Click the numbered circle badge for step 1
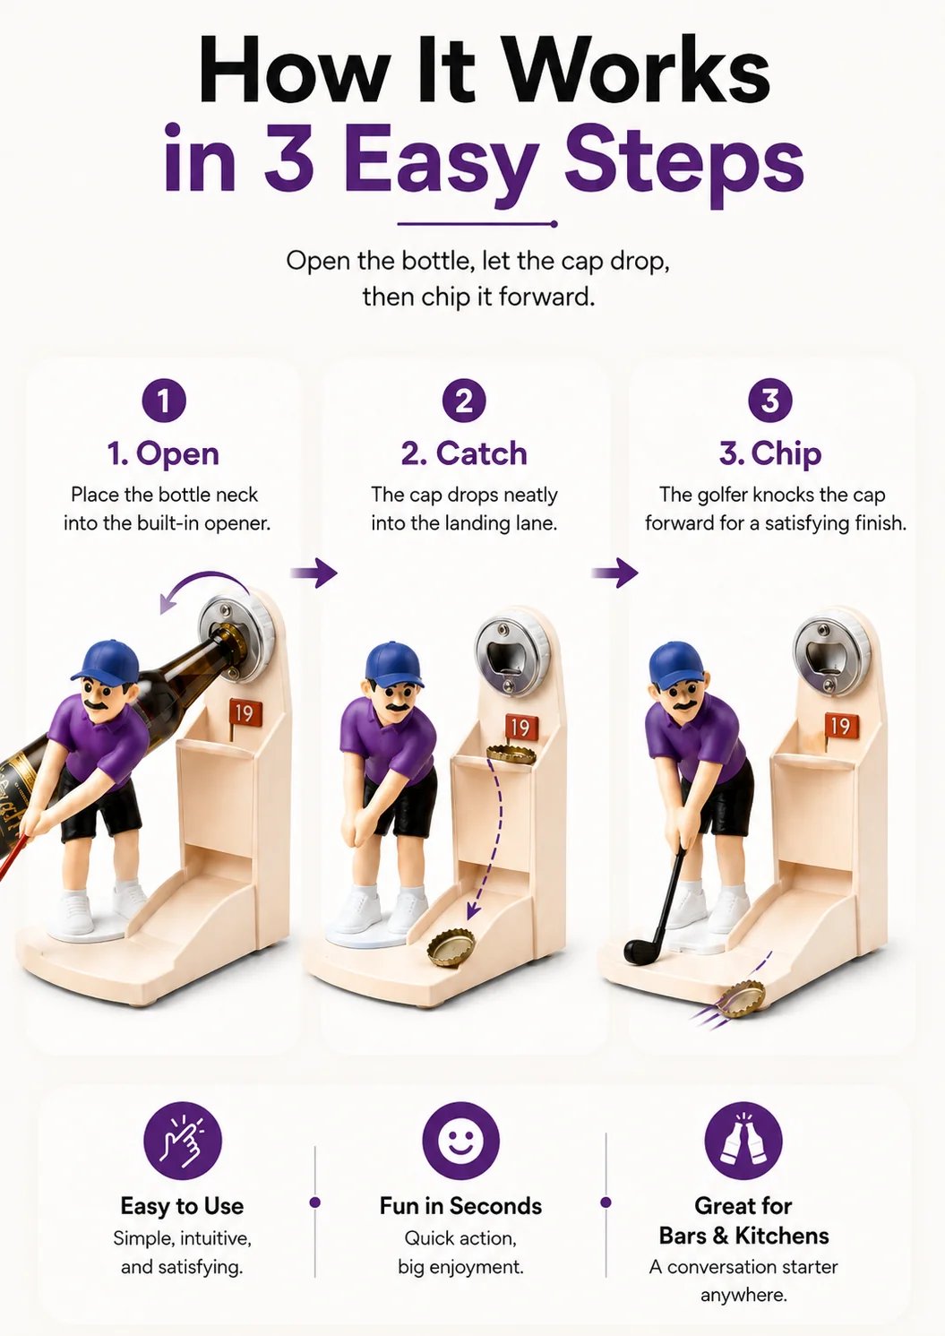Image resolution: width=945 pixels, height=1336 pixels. pyautogui.click(x=164, y=401)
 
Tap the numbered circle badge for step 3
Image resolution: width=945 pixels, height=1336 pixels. pyautogui.click(x=770, y=401)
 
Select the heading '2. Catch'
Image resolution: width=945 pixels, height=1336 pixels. pyautogui.click(x=465, y=453)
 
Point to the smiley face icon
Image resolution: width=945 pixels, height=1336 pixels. pyautogui.click(x=460, y=1141)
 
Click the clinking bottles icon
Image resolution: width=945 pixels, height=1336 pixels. pyautogui.click(x=743, y=1141)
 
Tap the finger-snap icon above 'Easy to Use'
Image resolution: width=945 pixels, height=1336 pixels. pyautogui.click(x=183, y=1141)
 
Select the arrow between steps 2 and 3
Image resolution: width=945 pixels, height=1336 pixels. pyautogui.click(x=614, y=573)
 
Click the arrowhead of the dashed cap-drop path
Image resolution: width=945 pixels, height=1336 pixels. pyautogui.click(x=473, y=910)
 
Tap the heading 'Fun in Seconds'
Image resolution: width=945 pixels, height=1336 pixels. pyautogui.click(x=461, y=1206)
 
